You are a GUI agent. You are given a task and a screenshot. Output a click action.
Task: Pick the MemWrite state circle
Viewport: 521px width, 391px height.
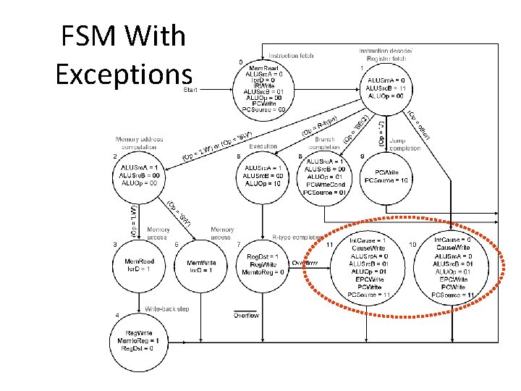point(201,266)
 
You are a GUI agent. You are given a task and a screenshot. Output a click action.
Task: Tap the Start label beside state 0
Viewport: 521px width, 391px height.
point(192,90)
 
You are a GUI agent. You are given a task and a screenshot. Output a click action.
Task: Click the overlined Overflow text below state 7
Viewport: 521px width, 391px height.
point(247,316)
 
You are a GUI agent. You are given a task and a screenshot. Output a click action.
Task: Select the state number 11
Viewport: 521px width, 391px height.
point(329,244)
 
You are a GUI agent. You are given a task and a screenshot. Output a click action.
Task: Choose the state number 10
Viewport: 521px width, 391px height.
point(412,244)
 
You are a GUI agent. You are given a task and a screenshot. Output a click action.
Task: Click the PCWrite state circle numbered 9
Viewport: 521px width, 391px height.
point(391,176)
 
